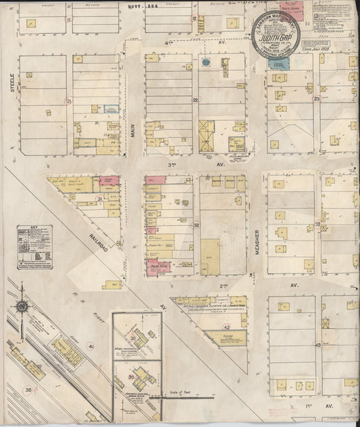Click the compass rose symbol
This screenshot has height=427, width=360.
[22, 306]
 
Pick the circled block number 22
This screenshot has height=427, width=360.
[195, 100]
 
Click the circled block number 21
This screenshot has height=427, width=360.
[68, 101]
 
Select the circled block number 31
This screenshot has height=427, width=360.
[99, 199]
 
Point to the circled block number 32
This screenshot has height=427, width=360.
[197, 225]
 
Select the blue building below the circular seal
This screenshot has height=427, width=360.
[278, 62]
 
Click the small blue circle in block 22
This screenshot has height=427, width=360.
[205, 63]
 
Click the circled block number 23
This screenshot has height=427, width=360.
[316, 99]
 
